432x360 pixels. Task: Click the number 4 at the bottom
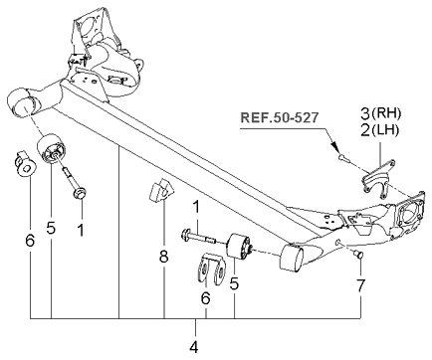point(195,347)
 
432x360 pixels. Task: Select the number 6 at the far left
point(30,240)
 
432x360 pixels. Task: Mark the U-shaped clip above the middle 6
point(207,269)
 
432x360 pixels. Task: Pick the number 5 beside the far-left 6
point(51,228)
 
